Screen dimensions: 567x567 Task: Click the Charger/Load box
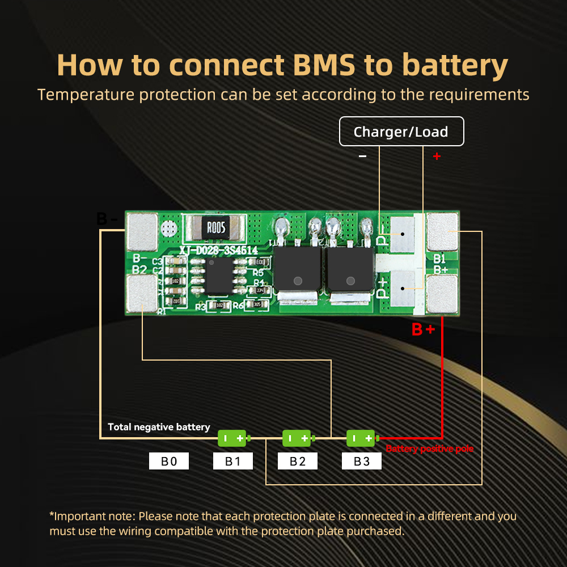(x=401, y=132)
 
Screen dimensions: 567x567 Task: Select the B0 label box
(x=169, y=461)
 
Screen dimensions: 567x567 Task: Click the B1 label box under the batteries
(x=233, y=461)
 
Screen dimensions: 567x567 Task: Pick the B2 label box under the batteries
(x=298, y=461)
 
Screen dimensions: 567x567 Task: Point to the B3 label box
(x=362, y=461)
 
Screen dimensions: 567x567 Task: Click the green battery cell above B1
(x=233, y=438)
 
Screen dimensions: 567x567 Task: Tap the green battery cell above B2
(x=298, y=438)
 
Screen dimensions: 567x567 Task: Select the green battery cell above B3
(x=362, y=438)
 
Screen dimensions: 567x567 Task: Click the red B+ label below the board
(x=423, y=329)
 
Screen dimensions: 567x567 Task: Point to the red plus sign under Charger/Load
(x=437, y=156)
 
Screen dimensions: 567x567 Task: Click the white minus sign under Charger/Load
(x=363, y=156)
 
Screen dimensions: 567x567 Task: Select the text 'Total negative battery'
(x=159, y=427)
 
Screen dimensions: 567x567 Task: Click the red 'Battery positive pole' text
(x=429, y=449)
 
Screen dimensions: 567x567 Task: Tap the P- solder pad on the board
(x=402, y=234)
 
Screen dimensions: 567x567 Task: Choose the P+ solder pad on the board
(x=402, y=288)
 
